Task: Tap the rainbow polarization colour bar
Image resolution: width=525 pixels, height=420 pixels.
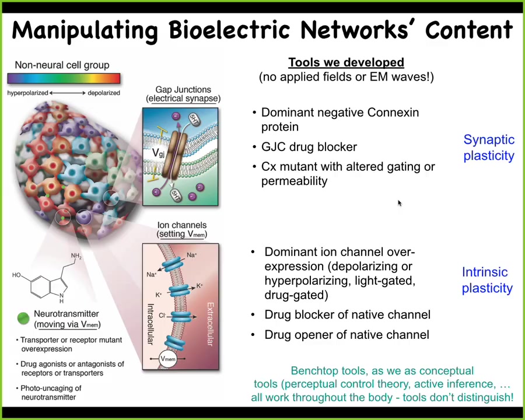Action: (x=64, y=78)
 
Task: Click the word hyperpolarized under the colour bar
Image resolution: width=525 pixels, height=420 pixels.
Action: (x=28, y=93)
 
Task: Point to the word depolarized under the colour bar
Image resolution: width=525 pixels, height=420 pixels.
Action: (x=104, y=93)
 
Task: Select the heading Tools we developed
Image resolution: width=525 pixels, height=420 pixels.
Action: (x=346, y=62)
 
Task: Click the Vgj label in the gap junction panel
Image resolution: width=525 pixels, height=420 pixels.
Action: (x=158, y=153)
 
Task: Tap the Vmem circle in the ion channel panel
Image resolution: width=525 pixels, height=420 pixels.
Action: (x=168, y=359)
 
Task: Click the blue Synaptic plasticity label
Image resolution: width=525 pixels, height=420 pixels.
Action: (x=489, y=148)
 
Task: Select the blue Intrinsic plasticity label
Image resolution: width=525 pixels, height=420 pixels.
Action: (x=487, y=280)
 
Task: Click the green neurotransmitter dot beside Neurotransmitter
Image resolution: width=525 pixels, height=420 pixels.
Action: (x=23, y=318)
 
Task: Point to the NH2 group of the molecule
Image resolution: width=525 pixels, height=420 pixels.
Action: (x=76, y=257)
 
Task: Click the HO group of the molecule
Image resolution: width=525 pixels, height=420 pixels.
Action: (x=16, y=275)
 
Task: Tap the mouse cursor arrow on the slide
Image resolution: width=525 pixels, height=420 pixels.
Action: (x=400, y=203)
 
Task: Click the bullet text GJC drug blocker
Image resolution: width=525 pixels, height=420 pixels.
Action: (x=309, y=147)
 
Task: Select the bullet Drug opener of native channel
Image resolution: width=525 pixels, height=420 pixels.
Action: (x=346, y=335)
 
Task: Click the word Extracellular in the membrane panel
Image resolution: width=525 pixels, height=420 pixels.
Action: (x=210, y=324)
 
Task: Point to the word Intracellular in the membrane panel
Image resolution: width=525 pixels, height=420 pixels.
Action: (x=150, y=324)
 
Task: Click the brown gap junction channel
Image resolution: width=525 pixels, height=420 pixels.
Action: (x=174, y=155)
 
